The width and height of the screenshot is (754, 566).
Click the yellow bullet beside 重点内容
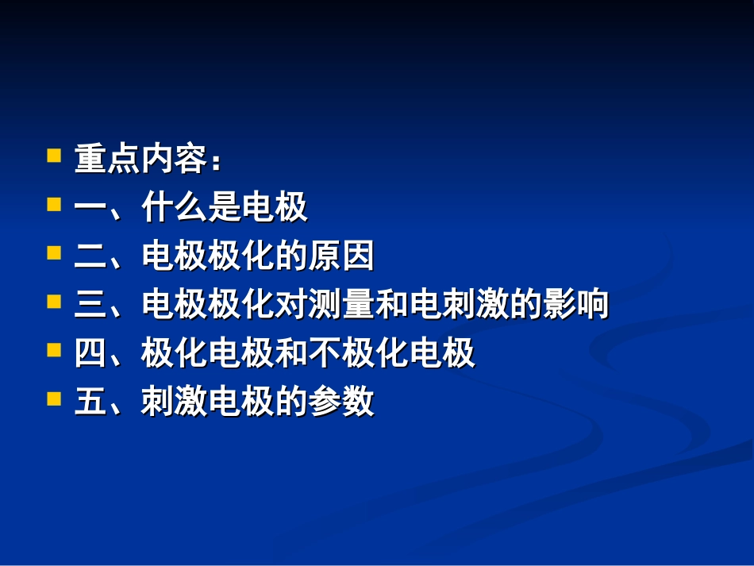[54, 155]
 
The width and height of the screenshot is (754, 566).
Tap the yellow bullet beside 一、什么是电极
[54, 204]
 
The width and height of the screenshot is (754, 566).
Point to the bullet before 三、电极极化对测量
[54, 302]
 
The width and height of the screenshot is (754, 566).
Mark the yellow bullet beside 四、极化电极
[54, 350]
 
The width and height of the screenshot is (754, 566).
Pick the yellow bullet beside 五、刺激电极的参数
[54, 399]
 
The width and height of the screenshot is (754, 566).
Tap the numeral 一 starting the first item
[90, 209]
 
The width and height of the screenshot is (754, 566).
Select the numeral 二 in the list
[90, 257]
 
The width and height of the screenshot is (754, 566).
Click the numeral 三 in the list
[90, 306]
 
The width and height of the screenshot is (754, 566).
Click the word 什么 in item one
[175, 209]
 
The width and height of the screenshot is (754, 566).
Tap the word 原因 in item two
[341, 257]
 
